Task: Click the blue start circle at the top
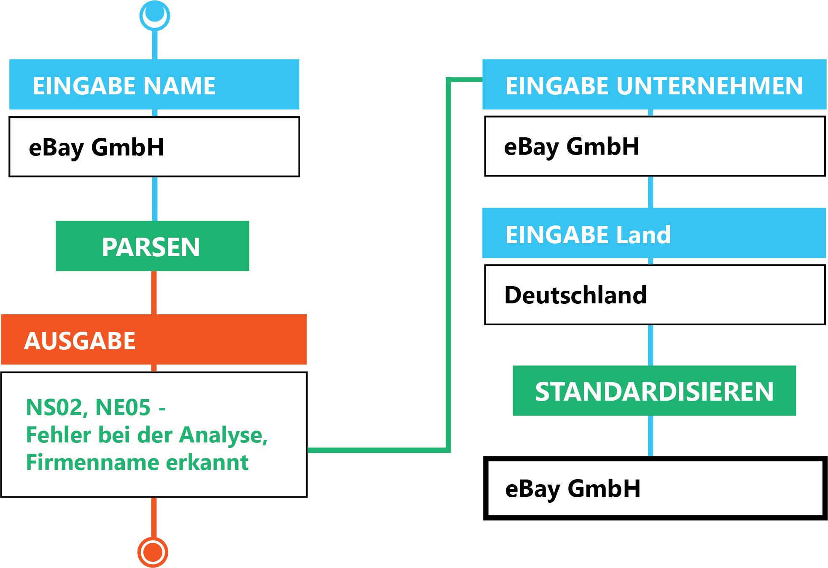(155, 16)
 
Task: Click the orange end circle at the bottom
(153, 552)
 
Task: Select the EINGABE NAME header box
(154, 85)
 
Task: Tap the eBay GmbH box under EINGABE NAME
(154, 147)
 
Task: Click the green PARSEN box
(152, 246)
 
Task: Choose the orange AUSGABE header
(154, 340)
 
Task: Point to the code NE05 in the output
(123, 407)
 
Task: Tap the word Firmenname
(92, 462)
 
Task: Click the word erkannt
(207, 462)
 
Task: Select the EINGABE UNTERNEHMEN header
(654, 85)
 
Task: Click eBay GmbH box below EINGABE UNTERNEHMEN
(655, 146)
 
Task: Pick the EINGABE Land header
(654, 233)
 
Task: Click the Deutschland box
(655, 295)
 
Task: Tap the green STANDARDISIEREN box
(654, 391)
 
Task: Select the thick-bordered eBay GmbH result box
(655, 489)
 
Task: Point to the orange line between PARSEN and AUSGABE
(154, 292)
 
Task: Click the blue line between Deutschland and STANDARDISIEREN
(651, 345)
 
